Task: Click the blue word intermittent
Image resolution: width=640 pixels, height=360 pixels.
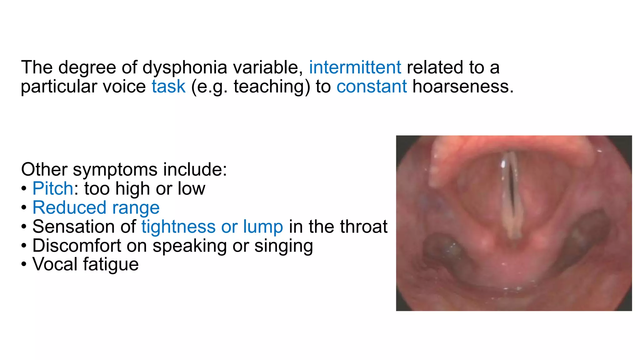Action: [355, 67]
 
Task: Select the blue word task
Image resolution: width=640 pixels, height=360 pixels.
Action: [168, 87]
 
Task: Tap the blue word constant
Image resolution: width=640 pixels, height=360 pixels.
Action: [372, 87]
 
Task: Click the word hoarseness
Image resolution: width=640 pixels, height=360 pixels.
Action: [462, 87]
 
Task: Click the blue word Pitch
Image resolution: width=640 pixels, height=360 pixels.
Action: [53, 188]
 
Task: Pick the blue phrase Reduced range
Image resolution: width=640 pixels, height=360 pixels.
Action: [96, 207]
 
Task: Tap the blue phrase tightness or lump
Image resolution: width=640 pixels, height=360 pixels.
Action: [212, 227]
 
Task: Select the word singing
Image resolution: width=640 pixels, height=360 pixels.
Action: [283, 246]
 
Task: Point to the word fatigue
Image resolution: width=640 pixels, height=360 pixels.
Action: [111, 265]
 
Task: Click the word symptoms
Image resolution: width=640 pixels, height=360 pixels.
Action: [115, 170]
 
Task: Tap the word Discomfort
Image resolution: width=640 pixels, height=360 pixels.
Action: [77, 246]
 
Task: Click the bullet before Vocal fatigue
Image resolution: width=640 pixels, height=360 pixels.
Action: [24, 265]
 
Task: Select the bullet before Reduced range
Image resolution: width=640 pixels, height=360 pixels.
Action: [24, 208]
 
